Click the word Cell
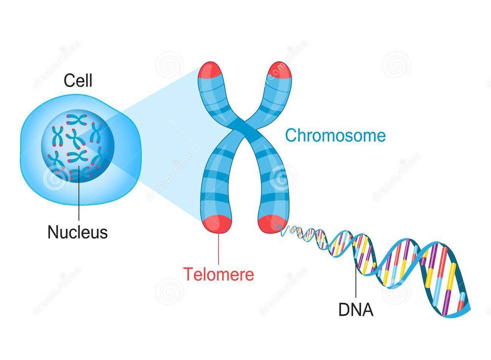tap(78, 81)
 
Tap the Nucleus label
tap(78, 232)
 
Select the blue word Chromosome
tap(335, 135)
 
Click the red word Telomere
tap(219, 274)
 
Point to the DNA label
tap(356, 310)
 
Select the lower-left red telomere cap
tap(217, 223)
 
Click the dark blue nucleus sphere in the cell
tap(79, 143)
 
